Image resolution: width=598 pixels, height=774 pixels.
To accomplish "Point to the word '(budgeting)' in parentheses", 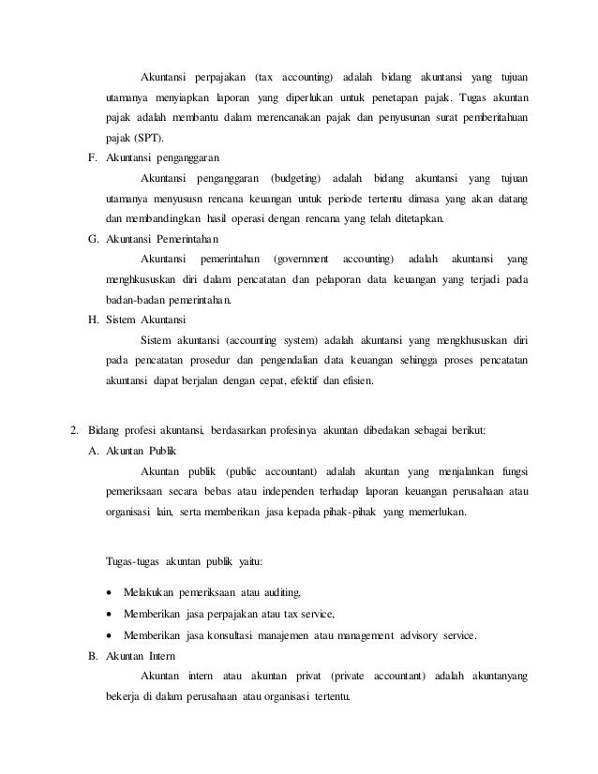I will (294, 178).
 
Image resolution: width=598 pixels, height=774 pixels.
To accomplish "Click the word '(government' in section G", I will (300, 259).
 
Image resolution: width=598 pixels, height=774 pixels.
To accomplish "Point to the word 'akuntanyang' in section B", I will (494, 677).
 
